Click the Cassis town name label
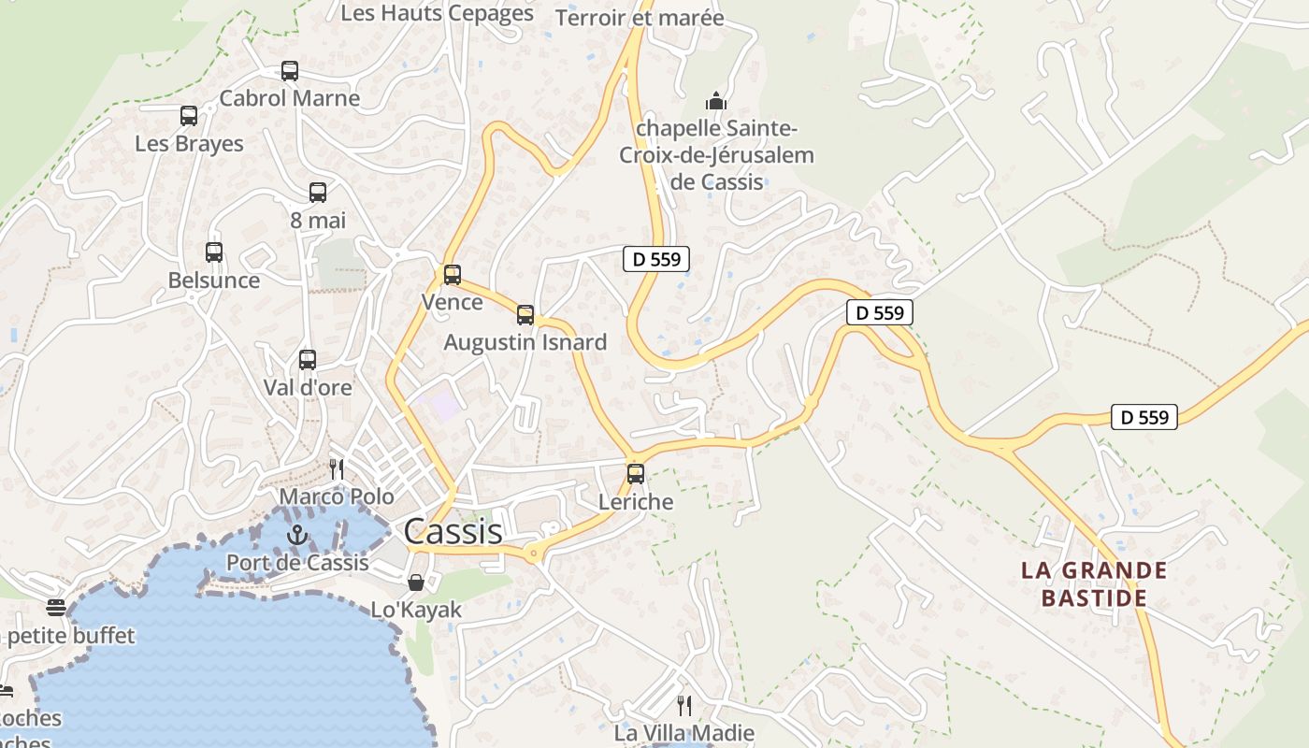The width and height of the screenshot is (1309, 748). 453,532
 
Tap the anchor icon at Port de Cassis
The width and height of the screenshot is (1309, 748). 296,536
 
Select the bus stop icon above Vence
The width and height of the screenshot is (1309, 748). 453,275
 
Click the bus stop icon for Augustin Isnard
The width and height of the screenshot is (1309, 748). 525,315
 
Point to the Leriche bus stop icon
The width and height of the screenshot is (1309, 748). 636,474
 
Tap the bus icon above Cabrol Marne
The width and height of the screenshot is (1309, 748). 290,71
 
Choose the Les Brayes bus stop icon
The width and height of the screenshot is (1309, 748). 189,116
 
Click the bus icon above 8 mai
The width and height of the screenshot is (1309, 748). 318,193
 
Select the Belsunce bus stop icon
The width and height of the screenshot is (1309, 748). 214,252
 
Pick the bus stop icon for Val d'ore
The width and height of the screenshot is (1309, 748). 308,360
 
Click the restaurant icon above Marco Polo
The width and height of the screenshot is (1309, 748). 337,468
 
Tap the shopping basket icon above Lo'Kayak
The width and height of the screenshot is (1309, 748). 416,583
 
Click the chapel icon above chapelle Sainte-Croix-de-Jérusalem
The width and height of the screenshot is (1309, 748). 716,101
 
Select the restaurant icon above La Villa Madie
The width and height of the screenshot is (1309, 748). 684,705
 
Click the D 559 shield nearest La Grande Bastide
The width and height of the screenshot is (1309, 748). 1144,417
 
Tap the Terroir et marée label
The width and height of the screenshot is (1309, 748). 640,18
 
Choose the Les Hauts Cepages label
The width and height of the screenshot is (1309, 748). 437,13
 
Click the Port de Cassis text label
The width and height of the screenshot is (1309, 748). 297,563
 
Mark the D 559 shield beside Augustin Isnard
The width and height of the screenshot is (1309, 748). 656,259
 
